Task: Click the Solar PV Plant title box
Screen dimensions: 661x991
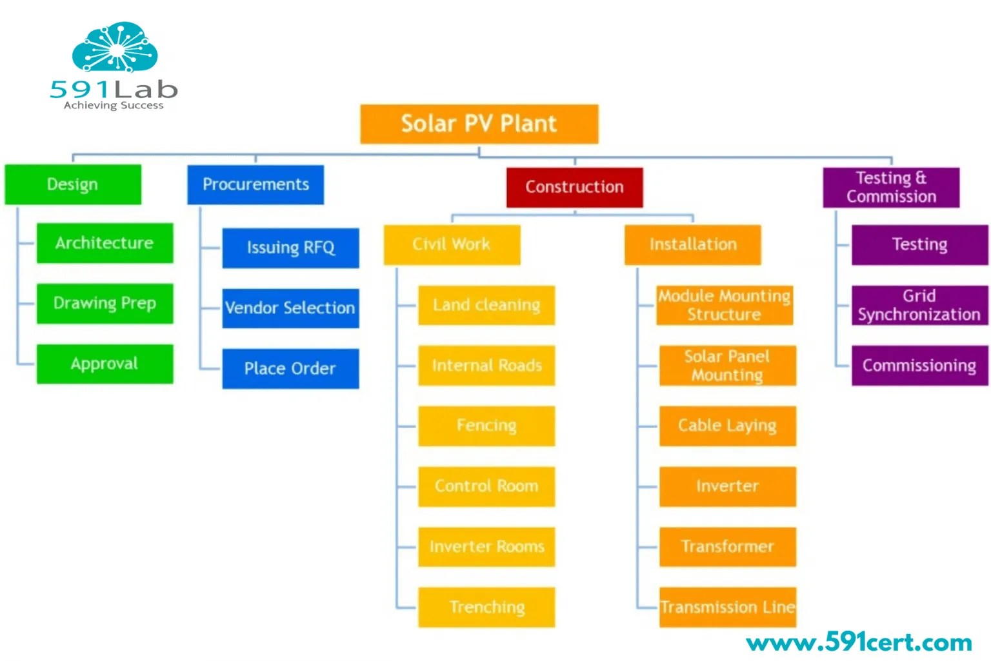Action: [479, 124]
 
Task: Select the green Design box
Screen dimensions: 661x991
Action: [73, 184]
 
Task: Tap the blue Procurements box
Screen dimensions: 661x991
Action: [255, 184]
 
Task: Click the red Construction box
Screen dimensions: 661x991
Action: [574, 187]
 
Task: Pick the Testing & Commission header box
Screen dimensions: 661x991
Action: [891, 187]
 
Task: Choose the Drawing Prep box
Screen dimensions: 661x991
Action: [105, 303]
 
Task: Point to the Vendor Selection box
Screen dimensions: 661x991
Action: [290, 308]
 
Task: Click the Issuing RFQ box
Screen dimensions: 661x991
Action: [290, 248]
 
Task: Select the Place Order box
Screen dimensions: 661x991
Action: [290, 369]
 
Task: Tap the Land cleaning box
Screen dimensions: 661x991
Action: [486, 305]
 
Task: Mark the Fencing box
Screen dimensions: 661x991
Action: [486, 426]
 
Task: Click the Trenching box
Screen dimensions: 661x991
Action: [486, 607]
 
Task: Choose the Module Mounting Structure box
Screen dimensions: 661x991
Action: [725, 305]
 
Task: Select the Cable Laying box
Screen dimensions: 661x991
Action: [727, 426]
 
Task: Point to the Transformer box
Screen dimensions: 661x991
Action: [727, 547]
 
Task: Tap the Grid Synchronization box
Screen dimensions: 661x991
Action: [919, 305]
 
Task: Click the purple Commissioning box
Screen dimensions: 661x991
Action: [919, 366]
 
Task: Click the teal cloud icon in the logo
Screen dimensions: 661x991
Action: [115, 48]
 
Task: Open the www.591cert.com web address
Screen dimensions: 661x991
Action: [859, 642]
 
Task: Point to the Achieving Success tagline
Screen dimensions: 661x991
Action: [114, 105]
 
